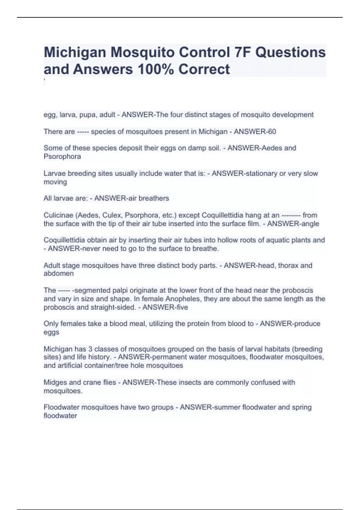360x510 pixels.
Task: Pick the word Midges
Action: (x=55, y=382)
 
